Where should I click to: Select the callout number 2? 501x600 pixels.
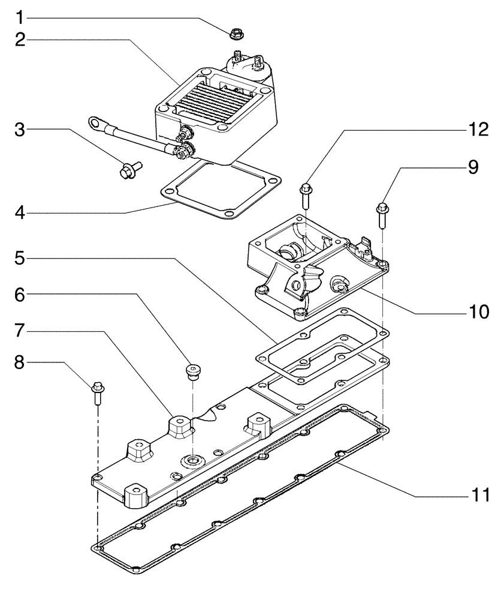tap(20, 40)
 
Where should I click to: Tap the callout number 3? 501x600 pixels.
tap(20, 129)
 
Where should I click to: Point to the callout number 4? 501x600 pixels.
tap(20, 213)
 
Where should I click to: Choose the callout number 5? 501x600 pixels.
tap(20, 260)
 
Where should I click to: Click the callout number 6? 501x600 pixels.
tap(20, 295)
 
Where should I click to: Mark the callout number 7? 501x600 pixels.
tap(20, 330)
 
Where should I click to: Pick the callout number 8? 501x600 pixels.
tap(20, 363)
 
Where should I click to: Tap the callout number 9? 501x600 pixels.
tap(473, 168)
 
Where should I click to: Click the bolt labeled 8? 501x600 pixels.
tap(97, 393)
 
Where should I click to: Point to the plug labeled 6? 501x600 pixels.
tap(192, 371)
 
